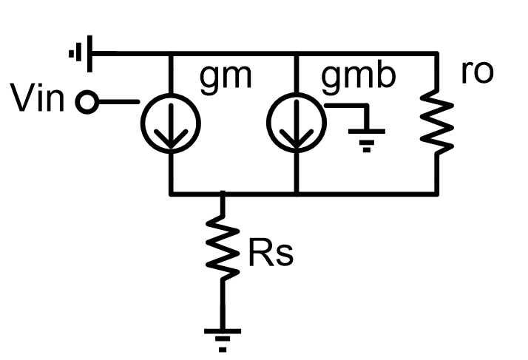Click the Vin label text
[x=38, y=100]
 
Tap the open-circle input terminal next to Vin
[x=87, y=103]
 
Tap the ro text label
[x=476, y=74]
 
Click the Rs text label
[x=270, y=253]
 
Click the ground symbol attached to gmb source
[x=365, y=137]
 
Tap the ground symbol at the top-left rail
[x=80, y=54]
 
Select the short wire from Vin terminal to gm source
[x=118, y=103]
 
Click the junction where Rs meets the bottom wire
[x=223, y=194]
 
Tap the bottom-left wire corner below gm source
[x=171, y=194]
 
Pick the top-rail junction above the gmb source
[x=295, y=54]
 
